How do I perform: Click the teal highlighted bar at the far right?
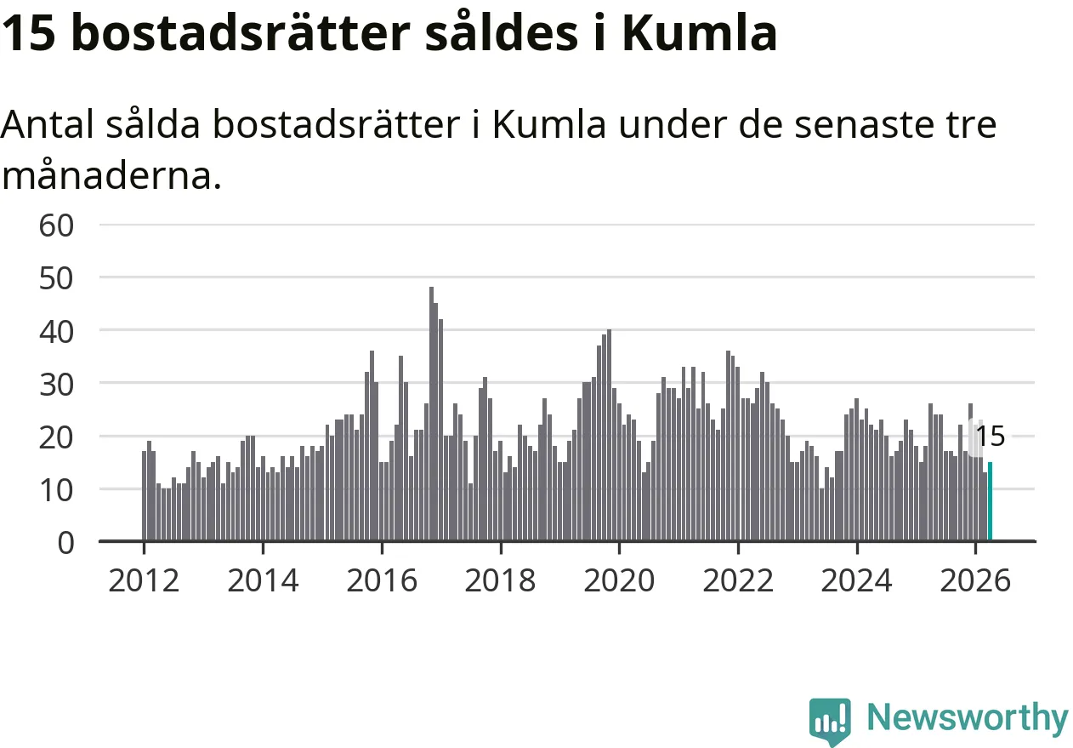(990, 501)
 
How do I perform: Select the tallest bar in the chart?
(432, 414)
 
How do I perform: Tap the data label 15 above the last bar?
(991, 437)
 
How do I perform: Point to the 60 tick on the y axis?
(56, 226)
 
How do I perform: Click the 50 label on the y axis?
(56, 278)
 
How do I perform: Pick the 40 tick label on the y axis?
(56, 332)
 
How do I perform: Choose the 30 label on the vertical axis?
(56, 385)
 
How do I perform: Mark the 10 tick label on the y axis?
(56, 490)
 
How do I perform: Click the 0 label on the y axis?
(65, 543)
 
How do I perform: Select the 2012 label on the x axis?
(144, 580)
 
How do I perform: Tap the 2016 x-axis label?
(382, 580)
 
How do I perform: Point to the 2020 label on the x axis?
(619, 580)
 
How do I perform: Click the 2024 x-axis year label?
(856, 580)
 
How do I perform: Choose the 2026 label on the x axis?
(975, 580)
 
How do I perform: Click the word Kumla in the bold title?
(700, 32)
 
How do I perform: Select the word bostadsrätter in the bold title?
(241, 32)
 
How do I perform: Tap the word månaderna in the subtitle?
(111, 175)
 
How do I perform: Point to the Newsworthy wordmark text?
(968, 717)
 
